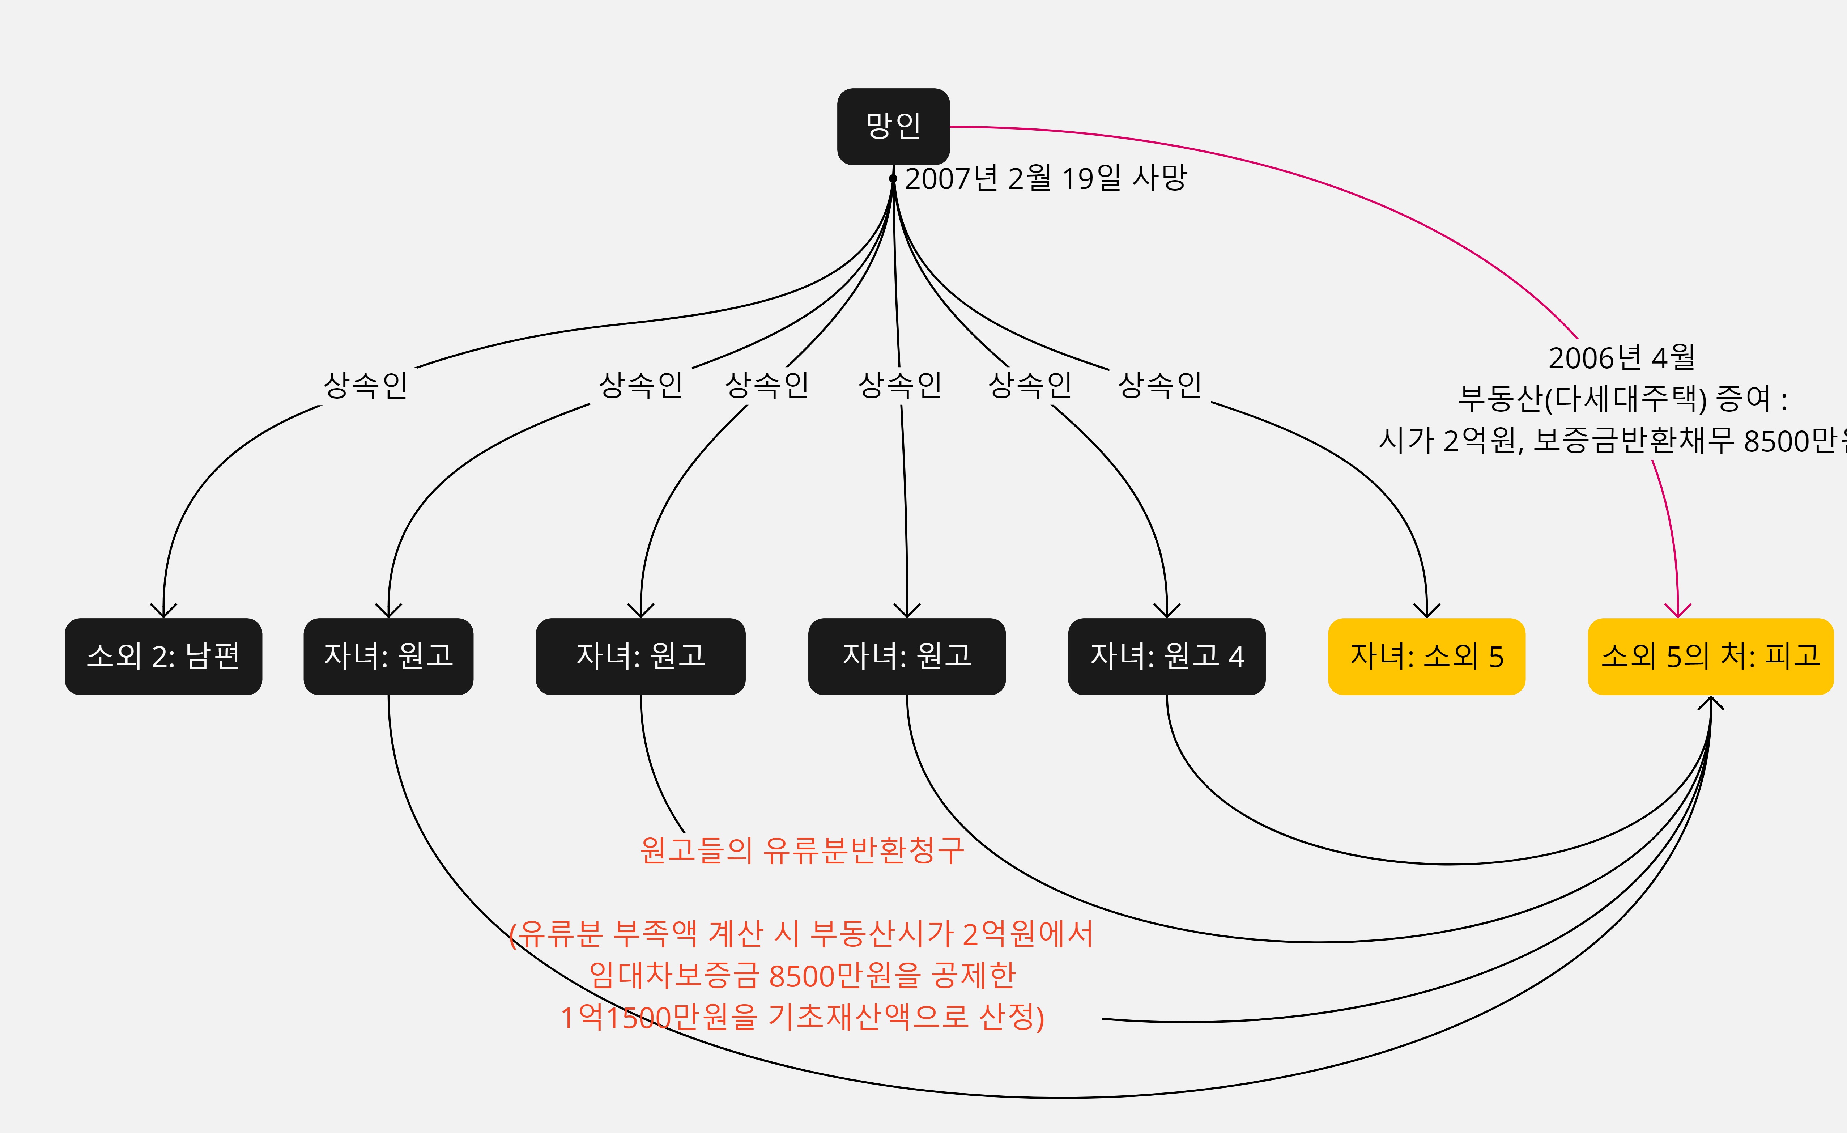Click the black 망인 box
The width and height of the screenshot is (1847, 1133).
(x=893, y=126)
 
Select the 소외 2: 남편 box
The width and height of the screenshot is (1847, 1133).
(x=163, y=656)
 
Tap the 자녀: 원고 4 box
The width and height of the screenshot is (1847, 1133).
(x=1166, y=656)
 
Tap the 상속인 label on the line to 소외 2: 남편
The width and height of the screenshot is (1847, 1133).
(x=366, y=385)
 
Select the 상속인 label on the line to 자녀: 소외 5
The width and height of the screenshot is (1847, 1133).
(x=1159, y=385)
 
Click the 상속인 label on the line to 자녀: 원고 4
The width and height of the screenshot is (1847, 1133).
(x=1030, y=385)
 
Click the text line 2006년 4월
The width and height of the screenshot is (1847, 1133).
(x=1621, y=358)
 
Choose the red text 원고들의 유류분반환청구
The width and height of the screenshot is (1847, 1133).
(x=802, y=850)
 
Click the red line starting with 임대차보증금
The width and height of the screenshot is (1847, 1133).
(x=802, y=975)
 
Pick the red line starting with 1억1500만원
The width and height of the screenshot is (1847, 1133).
(x=802, y=1017)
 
